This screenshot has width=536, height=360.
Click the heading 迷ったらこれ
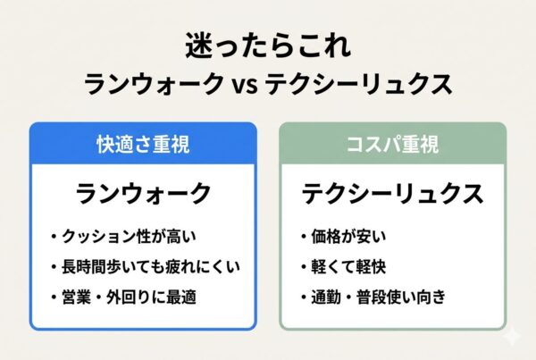click(267, 45)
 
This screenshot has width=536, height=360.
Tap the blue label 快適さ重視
click(143, 143)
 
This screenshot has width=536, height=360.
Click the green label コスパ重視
click(393, 143)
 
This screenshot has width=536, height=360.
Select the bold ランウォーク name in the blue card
click(143, 192)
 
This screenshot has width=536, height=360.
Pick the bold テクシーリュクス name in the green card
click(393, 192)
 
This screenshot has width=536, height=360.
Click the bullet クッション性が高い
click(134, 238)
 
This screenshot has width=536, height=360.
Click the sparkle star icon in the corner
click(513, 338)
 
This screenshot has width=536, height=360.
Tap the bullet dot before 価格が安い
click(305, 239)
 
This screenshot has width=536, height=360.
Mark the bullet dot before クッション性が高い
click(54, 239)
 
